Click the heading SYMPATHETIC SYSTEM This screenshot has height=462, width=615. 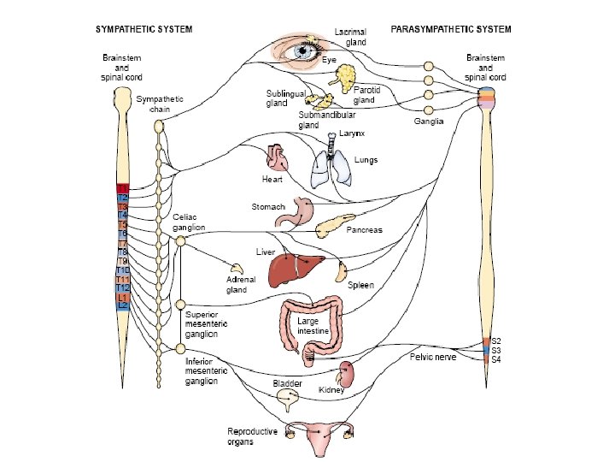point(143,29)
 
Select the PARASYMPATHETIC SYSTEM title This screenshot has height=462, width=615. point(451,29)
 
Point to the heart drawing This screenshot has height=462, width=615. point(277,159)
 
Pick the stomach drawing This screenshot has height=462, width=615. point(304,211)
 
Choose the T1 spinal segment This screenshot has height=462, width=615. point(123,188)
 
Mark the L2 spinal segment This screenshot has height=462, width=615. point(123,305)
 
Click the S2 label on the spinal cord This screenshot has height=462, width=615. point(496,341)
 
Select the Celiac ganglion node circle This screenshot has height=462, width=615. point(180,242)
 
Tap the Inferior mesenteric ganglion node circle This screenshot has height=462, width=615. point(180,348)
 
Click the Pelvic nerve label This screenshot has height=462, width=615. point(433,358)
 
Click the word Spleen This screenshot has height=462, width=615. point(361,285)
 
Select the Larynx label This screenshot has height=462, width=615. point(352,134)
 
